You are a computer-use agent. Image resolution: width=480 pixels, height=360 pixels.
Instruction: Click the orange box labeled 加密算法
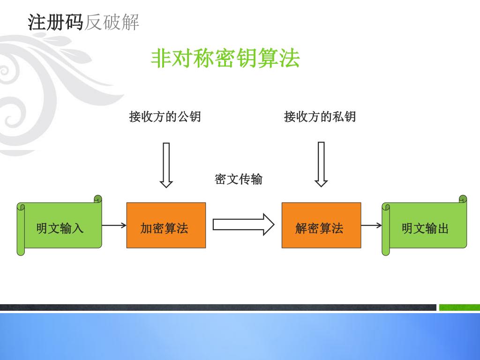coord(166,225)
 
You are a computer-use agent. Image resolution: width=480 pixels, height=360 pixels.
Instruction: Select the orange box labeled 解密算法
coord(321,225)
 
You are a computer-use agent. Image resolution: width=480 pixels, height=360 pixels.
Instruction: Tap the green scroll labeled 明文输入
coord(60,228)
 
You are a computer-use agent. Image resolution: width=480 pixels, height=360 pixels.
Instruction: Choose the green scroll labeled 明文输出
coord(425,228)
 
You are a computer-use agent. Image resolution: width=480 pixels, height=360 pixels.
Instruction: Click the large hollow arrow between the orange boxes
coord(243,225)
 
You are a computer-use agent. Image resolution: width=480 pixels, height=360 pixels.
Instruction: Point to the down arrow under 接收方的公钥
coord(166,165)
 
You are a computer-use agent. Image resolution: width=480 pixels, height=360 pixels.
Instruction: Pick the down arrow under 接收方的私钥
coord(321,164)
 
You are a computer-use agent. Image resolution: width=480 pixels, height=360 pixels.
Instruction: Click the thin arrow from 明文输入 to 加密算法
coord(114,225)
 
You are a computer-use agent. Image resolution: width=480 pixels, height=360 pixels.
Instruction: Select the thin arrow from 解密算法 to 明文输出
coord(371,225)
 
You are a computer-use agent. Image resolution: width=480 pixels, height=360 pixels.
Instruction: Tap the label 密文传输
coord(238,179)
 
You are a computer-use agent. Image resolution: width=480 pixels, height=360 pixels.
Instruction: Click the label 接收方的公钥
coord(165,116)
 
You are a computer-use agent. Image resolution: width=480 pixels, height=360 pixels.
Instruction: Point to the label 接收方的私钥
coord(320,116)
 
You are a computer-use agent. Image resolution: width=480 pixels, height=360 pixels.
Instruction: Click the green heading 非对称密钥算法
coord(225,59)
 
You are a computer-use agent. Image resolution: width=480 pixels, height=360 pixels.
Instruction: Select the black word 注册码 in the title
coord(55,22)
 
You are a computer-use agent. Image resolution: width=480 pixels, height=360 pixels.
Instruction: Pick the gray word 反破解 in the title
coord(112,22)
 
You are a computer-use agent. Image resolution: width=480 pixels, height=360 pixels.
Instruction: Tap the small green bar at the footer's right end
coord(459,307)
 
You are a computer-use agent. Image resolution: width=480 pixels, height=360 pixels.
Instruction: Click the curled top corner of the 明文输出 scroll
coord(463,199)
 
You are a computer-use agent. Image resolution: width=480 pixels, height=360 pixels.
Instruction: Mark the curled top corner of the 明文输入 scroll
coord(97,199)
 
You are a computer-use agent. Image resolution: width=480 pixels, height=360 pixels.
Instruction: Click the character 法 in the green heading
coord(290,59)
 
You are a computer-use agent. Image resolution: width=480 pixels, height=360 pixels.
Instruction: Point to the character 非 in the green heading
coord(160,59)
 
